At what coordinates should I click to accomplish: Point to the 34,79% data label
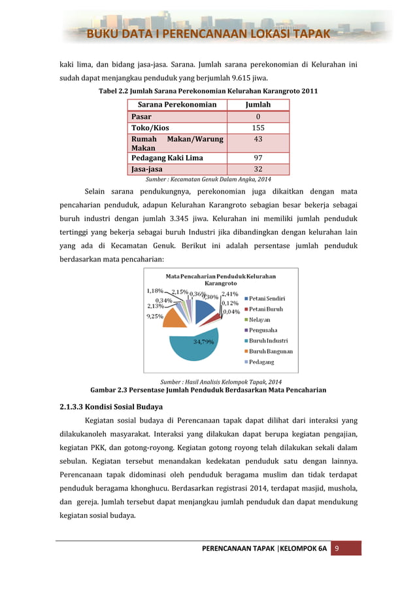[203, 341]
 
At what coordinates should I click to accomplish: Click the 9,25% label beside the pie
[155, 316]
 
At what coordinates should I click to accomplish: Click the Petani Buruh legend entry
[267, 309]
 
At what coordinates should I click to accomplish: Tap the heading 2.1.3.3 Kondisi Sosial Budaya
[106, 406]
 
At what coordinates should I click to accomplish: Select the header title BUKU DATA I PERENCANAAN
[210, 34]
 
